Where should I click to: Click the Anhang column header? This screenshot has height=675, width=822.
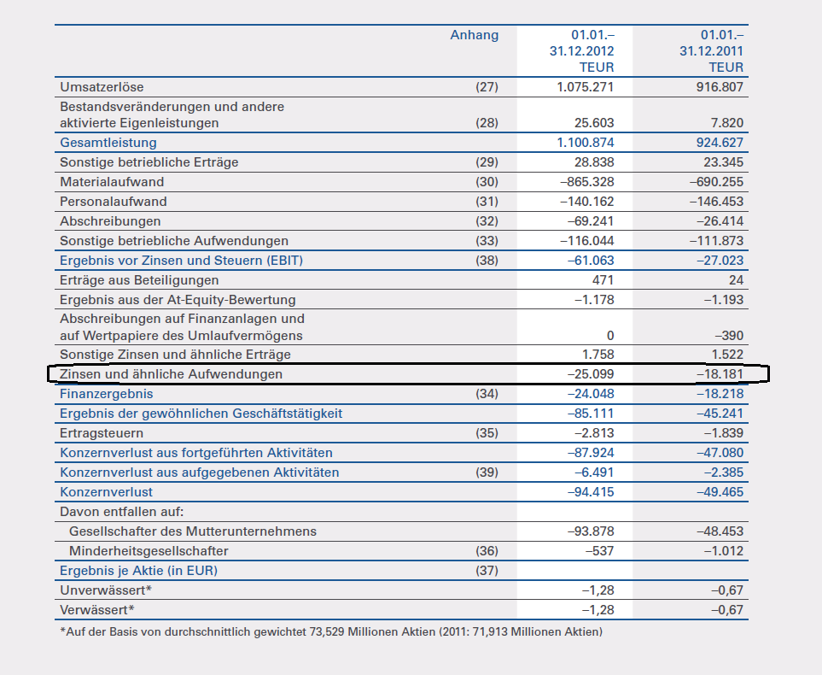(x=474, y=35)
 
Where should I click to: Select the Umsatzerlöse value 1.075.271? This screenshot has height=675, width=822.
(x=585, y=86)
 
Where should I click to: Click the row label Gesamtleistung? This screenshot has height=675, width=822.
(x=108, y=143)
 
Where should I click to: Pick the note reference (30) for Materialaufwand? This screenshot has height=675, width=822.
(x=486, y=182)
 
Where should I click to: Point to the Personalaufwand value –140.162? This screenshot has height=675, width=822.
(x=586, y=202)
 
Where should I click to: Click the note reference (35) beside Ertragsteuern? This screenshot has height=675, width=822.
(x=486, y=433)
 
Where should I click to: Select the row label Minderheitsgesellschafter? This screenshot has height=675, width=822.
(x=149, y=551)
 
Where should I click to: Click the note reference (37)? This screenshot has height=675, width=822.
(x=486, y=571)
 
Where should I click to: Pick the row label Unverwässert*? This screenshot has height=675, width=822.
(x=106, y=590)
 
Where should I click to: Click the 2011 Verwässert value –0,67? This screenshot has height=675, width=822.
(x=726, y=610)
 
